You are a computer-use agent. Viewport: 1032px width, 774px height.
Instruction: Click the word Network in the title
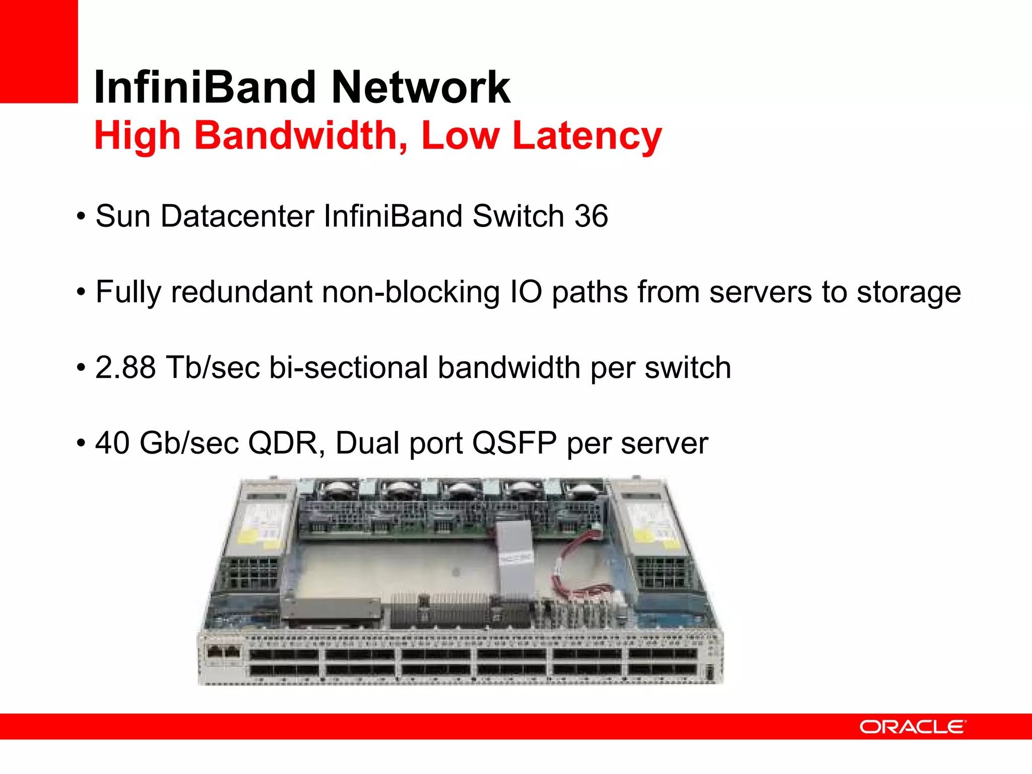click(421, 87)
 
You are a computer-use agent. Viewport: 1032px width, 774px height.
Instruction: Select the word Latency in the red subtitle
click(587, 136)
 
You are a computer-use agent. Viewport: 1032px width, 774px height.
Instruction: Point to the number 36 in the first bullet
click(591, 216)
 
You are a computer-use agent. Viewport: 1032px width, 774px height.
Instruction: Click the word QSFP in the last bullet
click(514, 443)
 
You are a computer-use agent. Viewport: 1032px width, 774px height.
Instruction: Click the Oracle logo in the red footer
click(913, 727)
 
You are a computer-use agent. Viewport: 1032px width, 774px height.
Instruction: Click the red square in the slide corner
click(39, 51)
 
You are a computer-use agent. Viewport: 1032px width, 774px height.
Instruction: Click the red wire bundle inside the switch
click(579, 564)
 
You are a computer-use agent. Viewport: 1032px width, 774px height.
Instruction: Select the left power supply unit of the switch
click(257, 534)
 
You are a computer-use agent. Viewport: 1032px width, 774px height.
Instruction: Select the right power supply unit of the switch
click(653, 534)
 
